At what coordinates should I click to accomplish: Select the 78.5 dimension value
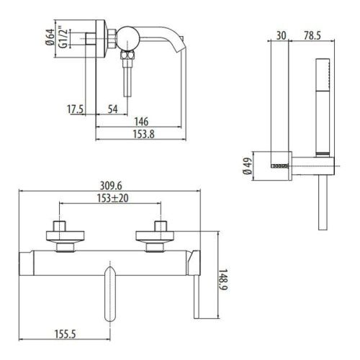[x=311, y=35]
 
